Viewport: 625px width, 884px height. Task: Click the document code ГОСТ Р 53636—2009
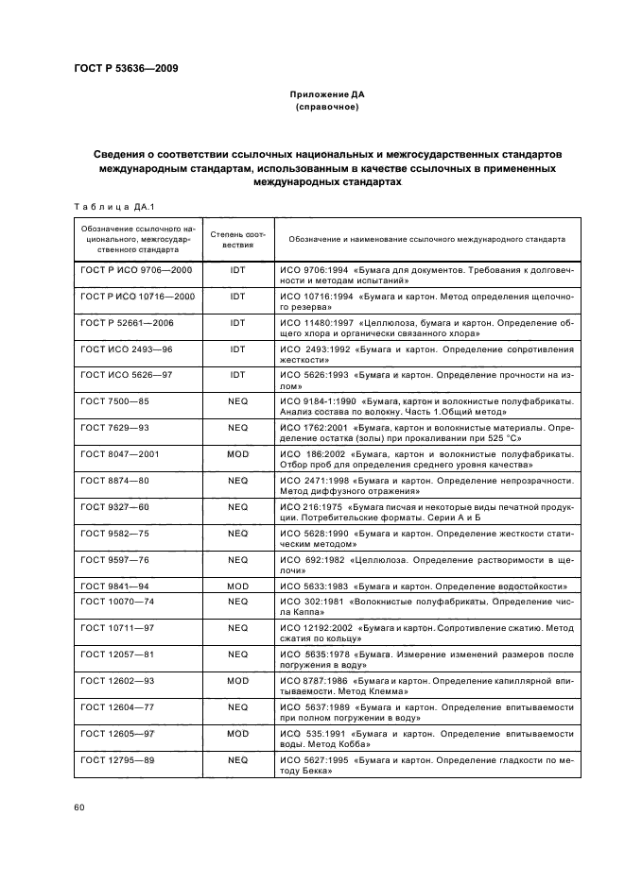tap(125, 68)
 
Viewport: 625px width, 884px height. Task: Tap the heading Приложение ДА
tap(326, 94)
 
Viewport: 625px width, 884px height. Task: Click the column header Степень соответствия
tap(237, 238)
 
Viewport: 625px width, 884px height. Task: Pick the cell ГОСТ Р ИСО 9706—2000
tap(136, 270)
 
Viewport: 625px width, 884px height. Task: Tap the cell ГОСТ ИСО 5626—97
tap(125, 375)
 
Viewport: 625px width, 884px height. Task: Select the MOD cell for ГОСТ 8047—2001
tap(237, 454)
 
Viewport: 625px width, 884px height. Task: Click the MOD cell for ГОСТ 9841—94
tap(237, 586)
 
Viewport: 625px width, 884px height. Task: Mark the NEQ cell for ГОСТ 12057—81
tap(237, 654)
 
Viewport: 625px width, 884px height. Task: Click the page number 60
tap(79, 807)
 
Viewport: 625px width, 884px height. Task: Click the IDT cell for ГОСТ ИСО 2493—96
tap(237, 348)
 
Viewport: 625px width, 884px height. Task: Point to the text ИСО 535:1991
tap(310, 733)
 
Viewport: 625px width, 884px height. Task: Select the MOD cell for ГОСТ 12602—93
tap(237, 680)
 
